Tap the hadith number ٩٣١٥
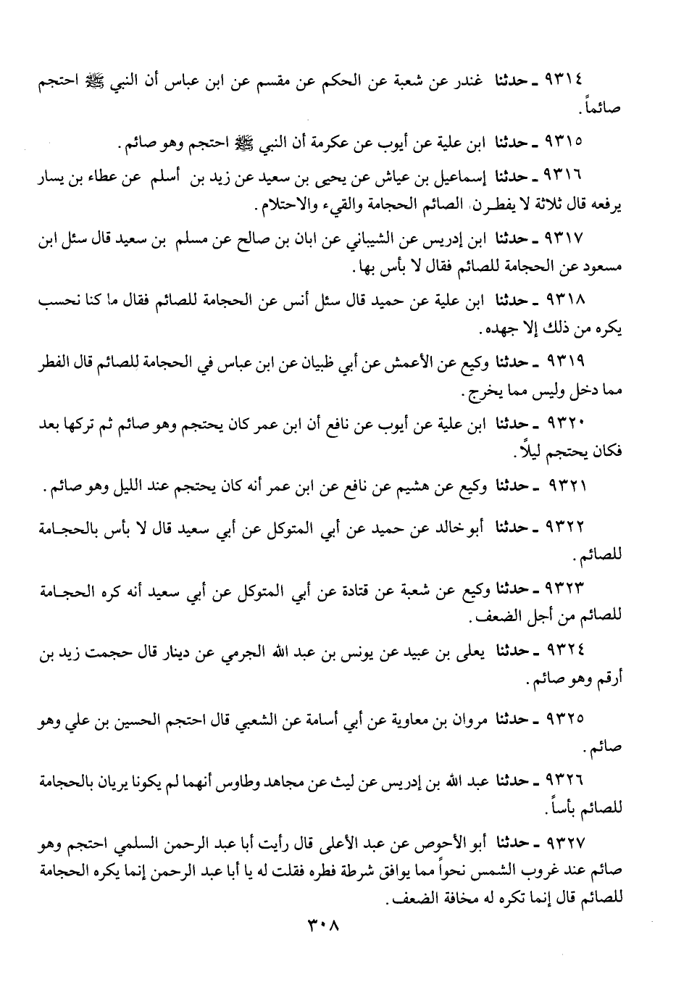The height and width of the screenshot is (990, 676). tap(567, 138)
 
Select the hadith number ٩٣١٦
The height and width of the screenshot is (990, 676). tap(567, 177)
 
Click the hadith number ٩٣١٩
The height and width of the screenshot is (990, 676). tap(567, 360)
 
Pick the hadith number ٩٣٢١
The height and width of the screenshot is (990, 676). tap(567, 484)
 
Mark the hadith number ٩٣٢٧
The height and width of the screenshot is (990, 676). tap(567, 843)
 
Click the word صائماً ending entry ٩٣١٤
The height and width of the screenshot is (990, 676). tap(604, 109)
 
